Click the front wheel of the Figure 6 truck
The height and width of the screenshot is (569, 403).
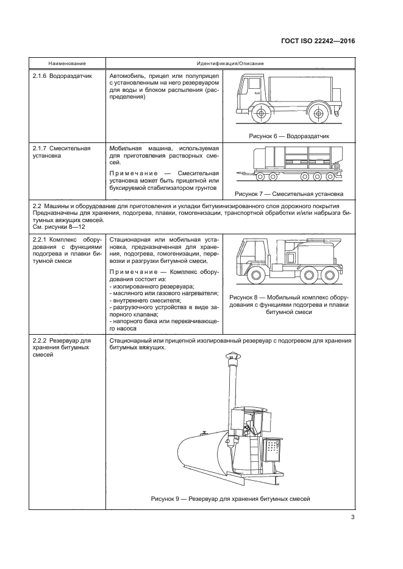[261, 114]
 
